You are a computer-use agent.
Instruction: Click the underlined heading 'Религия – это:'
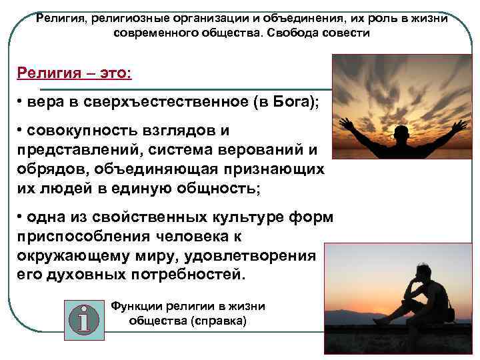[x=75, y=71]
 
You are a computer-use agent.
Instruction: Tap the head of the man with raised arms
[x=401, y=133]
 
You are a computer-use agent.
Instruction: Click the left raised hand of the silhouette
[x=346, y=124]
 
